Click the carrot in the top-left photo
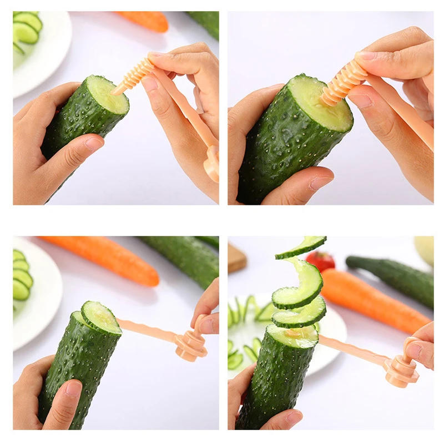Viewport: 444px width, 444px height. pyautogui.click(x=145, y=21)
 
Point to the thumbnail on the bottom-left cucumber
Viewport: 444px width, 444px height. pyautogui.click(x=73, y=388)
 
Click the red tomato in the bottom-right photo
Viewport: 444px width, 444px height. pyautogui.click(x=320, y=260)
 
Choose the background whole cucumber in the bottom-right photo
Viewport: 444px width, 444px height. pyautogui.click(x=394, y=277)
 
